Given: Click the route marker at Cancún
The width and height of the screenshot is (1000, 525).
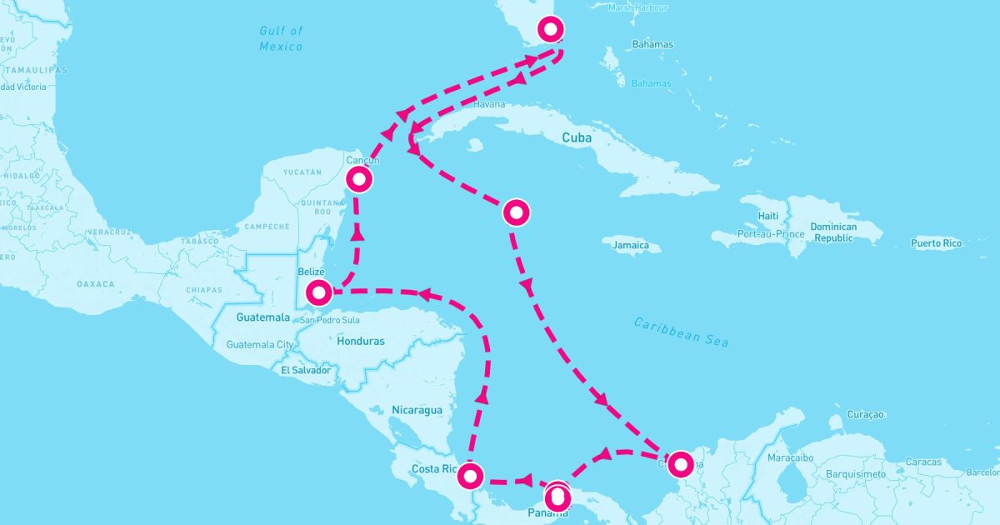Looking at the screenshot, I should click(x=359, y=178).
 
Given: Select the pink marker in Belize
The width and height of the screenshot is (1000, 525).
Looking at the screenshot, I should click(x=319, y=292).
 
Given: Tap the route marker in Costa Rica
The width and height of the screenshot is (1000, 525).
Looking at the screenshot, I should click(x=471, y=477).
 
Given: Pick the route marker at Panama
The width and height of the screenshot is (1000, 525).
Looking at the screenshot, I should click(x=558, y=497).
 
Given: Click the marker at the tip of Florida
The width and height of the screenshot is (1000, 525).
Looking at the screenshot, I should click(x=552, y=30).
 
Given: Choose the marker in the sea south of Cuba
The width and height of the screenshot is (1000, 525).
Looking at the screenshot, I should click(x=516, y=213).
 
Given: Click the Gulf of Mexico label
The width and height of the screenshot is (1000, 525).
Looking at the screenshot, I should click(x=281, y=38).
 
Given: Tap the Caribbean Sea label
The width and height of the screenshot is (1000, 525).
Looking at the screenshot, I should click(x=681, y=332).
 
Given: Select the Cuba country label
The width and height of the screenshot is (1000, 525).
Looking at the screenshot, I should click(x=577, y=137).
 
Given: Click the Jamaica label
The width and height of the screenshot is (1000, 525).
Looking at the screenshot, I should click(x=630, y=245).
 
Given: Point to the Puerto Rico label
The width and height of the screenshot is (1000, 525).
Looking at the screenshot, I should click(x=936, y=243).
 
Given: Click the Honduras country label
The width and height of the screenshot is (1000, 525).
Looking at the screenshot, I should click(x=361, y=341).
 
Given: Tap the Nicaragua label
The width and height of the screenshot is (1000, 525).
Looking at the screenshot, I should click(x=417, y=410).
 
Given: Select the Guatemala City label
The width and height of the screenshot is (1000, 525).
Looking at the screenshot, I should click(x=260, y=344).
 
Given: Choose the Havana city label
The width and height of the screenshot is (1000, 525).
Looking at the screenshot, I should click(x=489, y=104).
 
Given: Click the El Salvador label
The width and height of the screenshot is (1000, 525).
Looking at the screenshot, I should click(x=306, y=369).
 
